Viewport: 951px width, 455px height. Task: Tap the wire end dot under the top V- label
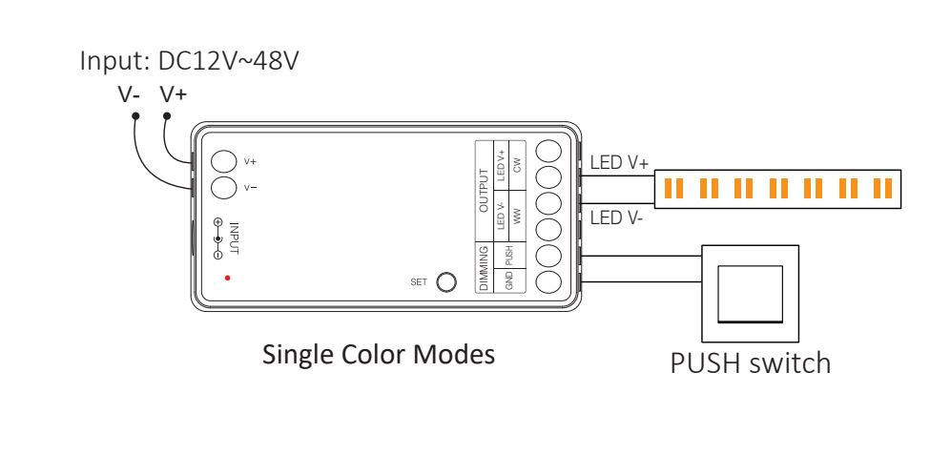coord(135,116)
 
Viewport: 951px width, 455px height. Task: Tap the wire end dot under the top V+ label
coord(168,116)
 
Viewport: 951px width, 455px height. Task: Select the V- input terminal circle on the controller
coord(223,187)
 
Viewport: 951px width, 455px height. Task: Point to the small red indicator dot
coord(227,278)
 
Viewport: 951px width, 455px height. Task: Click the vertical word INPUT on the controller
coord(236,238)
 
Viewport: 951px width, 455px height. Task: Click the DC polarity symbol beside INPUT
coord(218,238)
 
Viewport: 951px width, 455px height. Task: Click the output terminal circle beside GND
coord(548,281)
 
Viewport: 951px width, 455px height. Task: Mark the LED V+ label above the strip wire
coord(620,164)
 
